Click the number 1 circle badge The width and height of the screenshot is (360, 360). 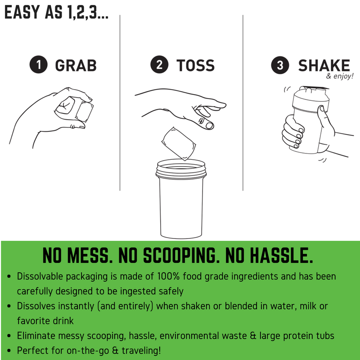(39, 64)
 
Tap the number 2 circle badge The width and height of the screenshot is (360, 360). (159, 64)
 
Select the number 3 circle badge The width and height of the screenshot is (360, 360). (280, 65)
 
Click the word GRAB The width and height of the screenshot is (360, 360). (76, 65)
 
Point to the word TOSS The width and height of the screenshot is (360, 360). (195, 65)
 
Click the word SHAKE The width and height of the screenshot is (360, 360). (324, 65)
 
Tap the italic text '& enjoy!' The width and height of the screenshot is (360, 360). (340, 76)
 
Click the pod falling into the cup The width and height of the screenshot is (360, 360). (179, 143)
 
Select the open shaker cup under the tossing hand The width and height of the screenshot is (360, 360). (181, 199)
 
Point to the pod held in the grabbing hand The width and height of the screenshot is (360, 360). (74, 108)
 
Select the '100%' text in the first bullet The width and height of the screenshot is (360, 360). (168, 276)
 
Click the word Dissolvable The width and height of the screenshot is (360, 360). (40, 276)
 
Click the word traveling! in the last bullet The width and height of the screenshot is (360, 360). (141, 351)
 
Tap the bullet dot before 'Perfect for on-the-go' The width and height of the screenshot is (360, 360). (9, 351)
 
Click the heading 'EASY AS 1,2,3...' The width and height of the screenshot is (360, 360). (57, 12)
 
